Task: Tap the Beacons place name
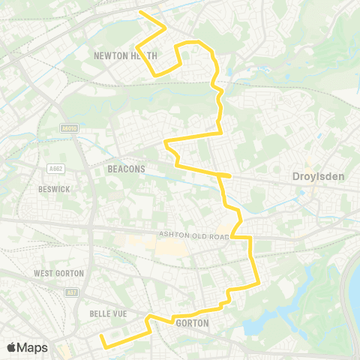(126, 169)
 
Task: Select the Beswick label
(54, 189)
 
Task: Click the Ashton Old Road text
(193, 235)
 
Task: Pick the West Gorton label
(58, 274)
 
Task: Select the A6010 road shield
(70, 129)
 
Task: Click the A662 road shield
(55, 168)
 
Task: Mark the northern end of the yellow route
(141, 11)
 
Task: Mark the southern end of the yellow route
(102, 346)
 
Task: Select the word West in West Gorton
(44, 274)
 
